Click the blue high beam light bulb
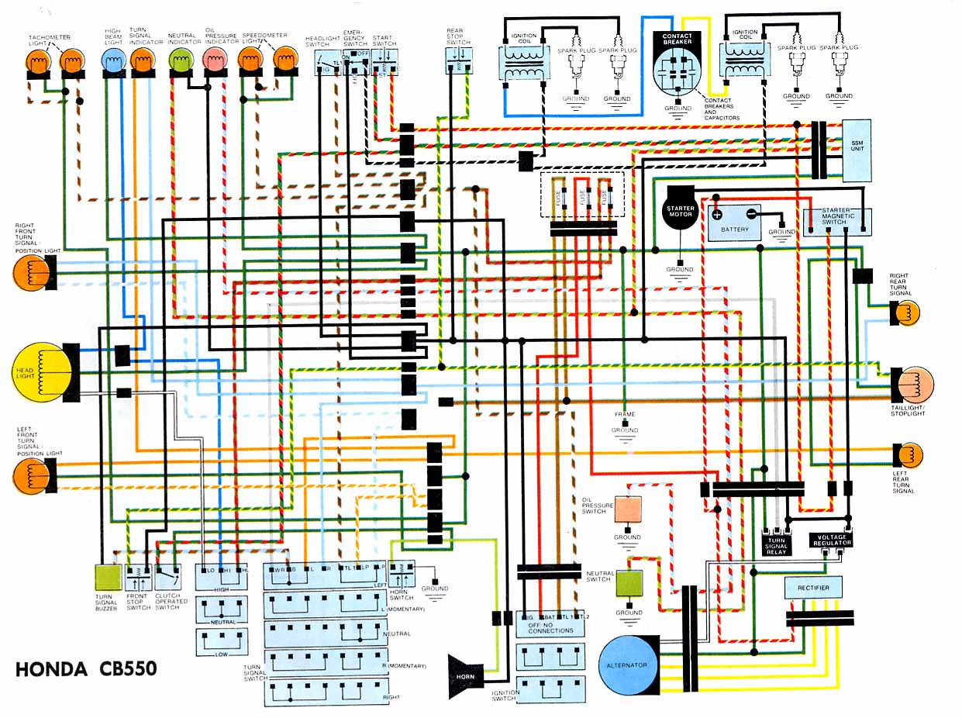coord(114,59)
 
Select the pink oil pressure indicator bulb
coord(213,59)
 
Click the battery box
coord(734,223)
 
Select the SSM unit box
coord(857,150)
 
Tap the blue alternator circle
coord(628,665)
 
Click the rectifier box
coord(813,588)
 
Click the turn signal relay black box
coord(776,544)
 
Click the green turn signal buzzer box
coord(108,578)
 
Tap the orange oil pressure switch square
coord(628,509)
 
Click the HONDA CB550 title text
coord(86,668)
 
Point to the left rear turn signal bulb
coord(908,455)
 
